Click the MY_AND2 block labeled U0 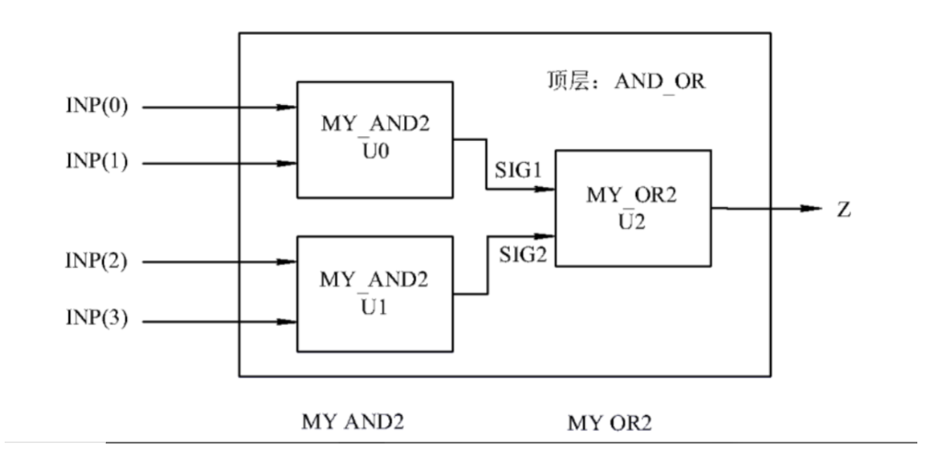374,139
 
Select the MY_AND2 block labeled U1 374,294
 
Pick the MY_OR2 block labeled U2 632,208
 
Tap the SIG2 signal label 521,253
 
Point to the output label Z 844,209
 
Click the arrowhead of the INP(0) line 287,108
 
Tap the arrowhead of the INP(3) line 287,322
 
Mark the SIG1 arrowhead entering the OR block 546,191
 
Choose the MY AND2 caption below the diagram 352,421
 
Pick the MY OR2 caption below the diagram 608,425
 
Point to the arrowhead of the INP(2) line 287,262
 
